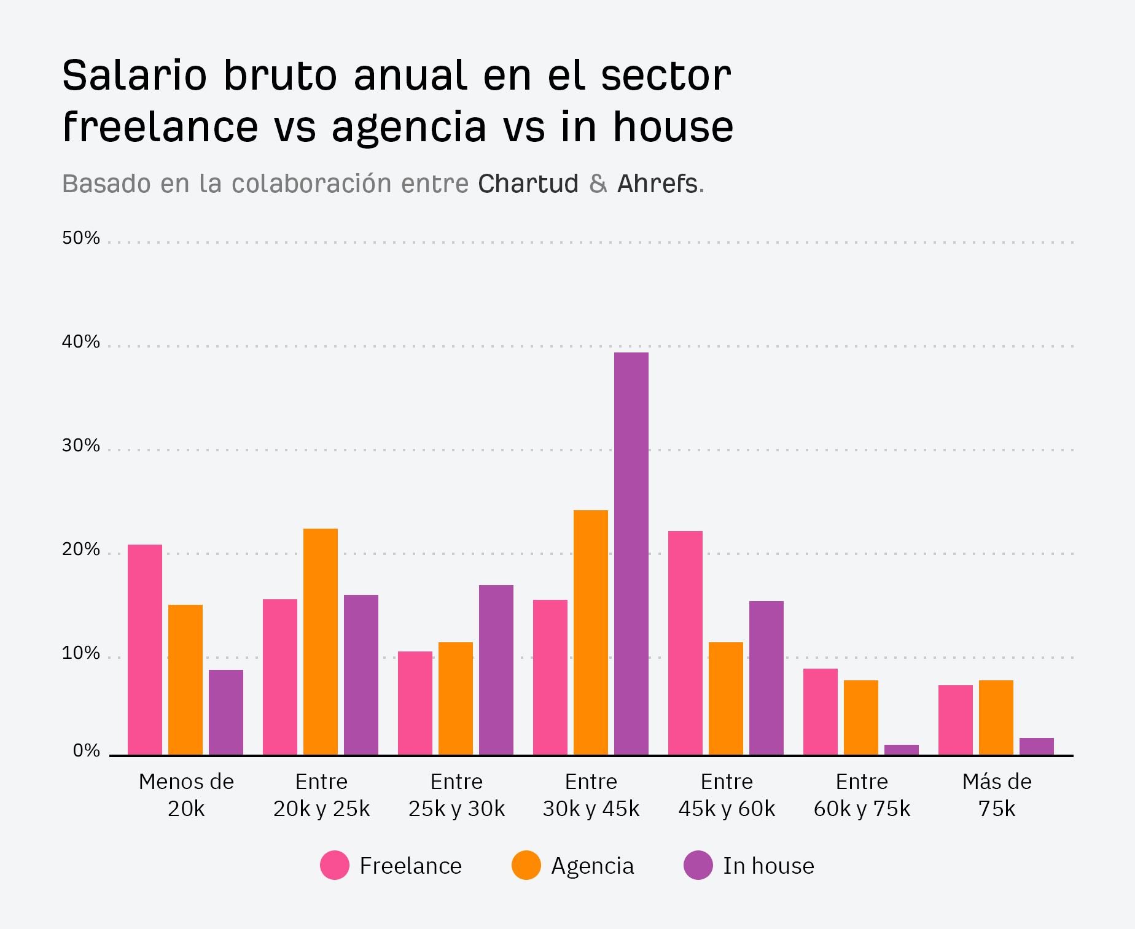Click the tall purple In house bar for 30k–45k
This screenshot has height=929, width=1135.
click(631, 553)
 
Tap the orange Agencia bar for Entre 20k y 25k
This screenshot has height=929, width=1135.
click(320, 642)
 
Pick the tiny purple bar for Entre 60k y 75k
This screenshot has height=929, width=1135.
click(901, 750)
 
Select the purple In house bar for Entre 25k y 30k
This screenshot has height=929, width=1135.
click(496, 670)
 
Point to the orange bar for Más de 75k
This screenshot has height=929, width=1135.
click(996, 717)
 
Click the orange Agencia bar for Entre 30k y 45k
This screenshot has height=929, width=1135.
click(590, 632)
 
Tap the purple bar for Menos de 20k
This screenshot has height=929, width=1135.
click(225, 712)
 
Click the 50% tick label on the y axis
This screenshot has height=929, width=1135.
click(80, 238)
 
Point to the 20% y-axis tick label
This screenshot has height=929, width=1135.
click(80, 550)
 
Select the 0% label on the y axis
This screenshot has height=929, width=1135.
click(86, 750)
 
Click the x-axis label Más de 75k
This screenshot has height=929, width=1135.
click(996, 795)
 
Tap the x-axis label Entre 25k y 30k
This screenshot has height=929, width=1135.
click(456, 795)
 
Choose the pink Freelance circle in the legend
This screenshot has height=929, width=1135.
click(335, 865)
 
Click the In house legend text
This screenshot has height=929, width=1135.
click(768, 866)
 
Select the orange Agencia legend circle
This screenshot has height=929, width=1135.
click(526, 865)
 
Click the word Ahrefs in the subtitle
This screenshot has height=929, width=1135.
click(657, 184)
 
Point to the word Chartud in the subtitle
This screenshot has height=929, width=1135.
click(528, 184)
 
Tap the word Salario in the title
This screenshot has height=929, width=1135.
click(135, 76)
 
